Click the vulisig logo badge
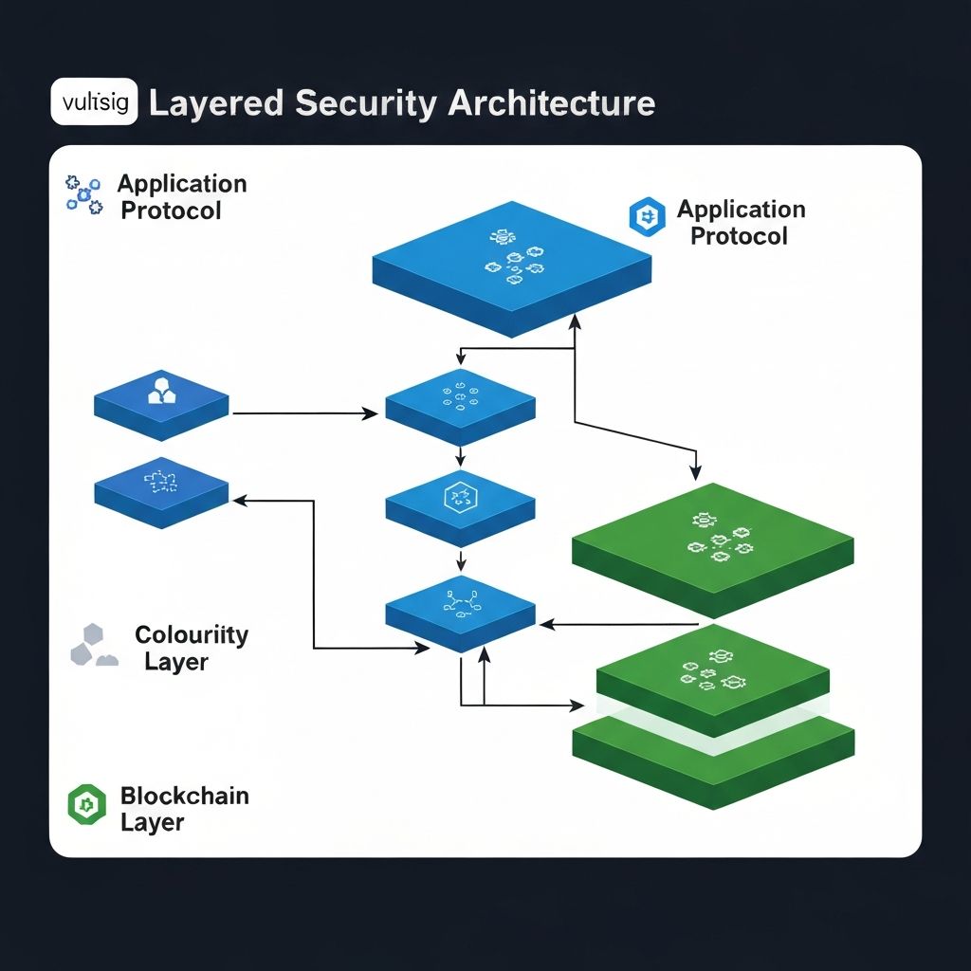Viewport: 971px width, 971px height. [95, 102]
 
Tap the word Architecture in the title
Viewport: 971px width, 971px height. [552, 102]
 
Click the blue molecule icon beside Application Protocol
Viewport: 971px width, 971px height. [83, 194]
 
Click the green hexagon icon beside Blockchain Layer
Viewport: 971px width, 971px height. [86, 805]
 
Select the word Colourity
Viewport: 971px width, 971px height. [191, 634]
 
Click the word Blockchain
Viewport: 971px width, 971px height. [184, 796]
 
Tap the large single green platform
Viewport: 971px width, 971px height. [713, 547]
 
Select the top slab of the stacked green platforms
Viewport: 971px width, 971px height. [713, 678]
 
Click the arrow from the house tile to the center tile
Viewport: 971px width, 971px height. [303, 413]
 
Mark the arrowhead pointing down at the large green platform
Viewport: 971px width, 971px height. [697, 471]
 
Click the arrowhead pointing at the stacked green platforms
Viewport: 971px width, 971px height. [576, 705]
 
